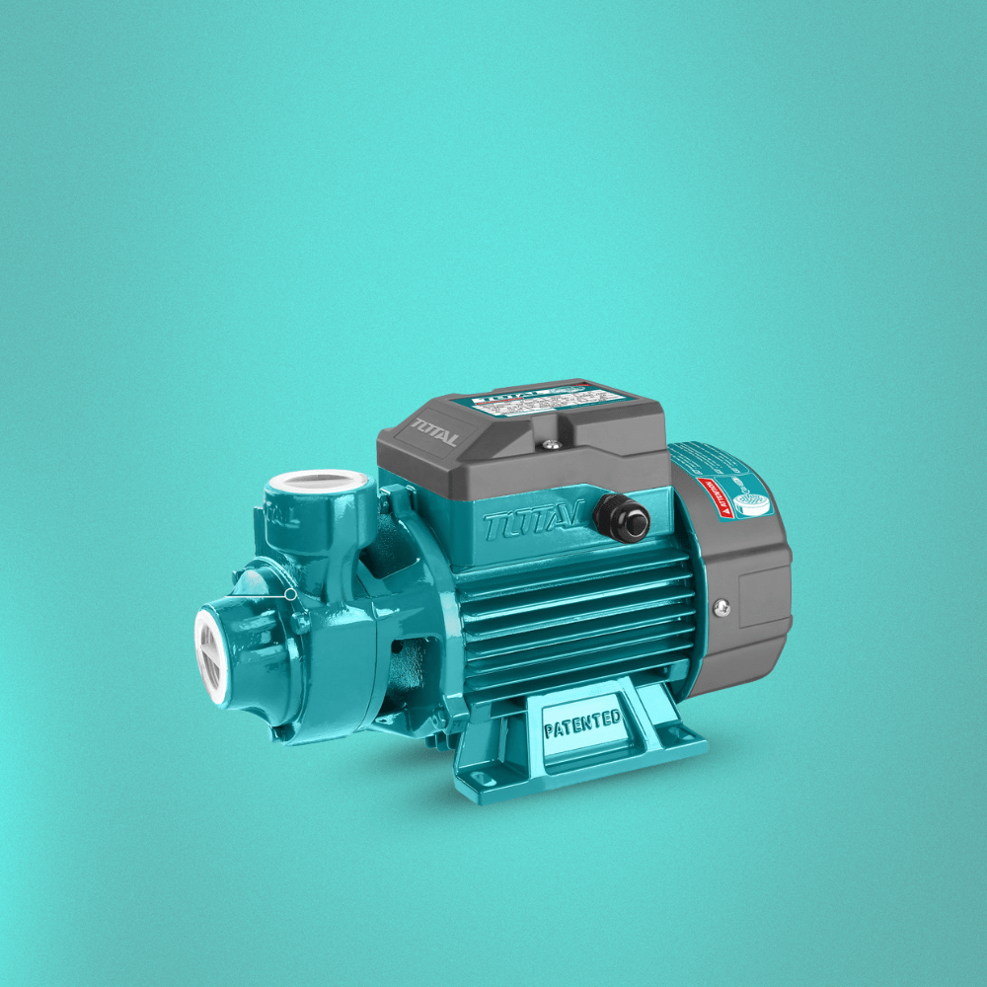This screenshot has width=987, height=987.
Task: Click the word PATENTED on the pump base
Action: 582,726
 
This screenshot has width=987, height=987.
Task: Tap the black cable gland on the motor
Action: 623,518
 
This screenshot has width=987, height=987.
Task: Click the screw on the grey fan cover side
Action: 721,609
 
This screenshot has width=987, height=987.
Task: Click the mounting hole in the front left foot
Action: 486,779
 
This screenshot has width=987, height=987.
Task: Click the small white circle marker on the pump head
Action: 289,594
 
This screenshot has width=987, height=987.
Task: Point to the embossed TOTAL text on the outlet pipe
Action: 283,517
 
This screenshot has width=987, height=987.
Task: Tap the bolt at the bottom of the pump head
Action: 281,731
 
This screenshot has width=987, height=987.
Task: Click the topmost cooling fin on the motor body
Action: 572,571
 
